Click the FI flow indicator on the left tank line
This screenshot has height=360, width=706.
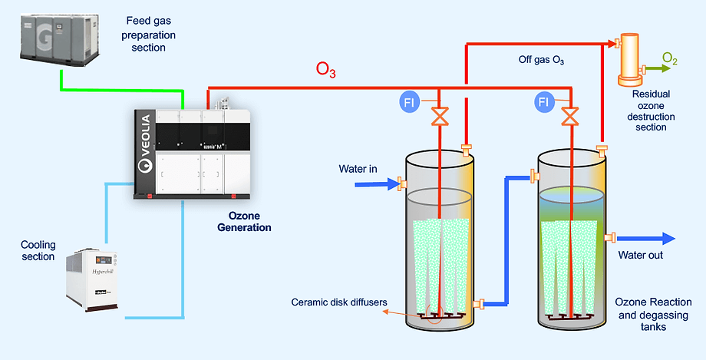[x=411, y=101]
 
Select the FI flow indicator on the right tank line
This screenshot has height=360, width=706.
[x=544, y=101]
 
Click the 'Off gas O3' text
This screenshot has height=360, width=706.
[x=541, y=58]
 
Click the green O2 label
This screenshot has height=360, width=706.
[x=670, y=58]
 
